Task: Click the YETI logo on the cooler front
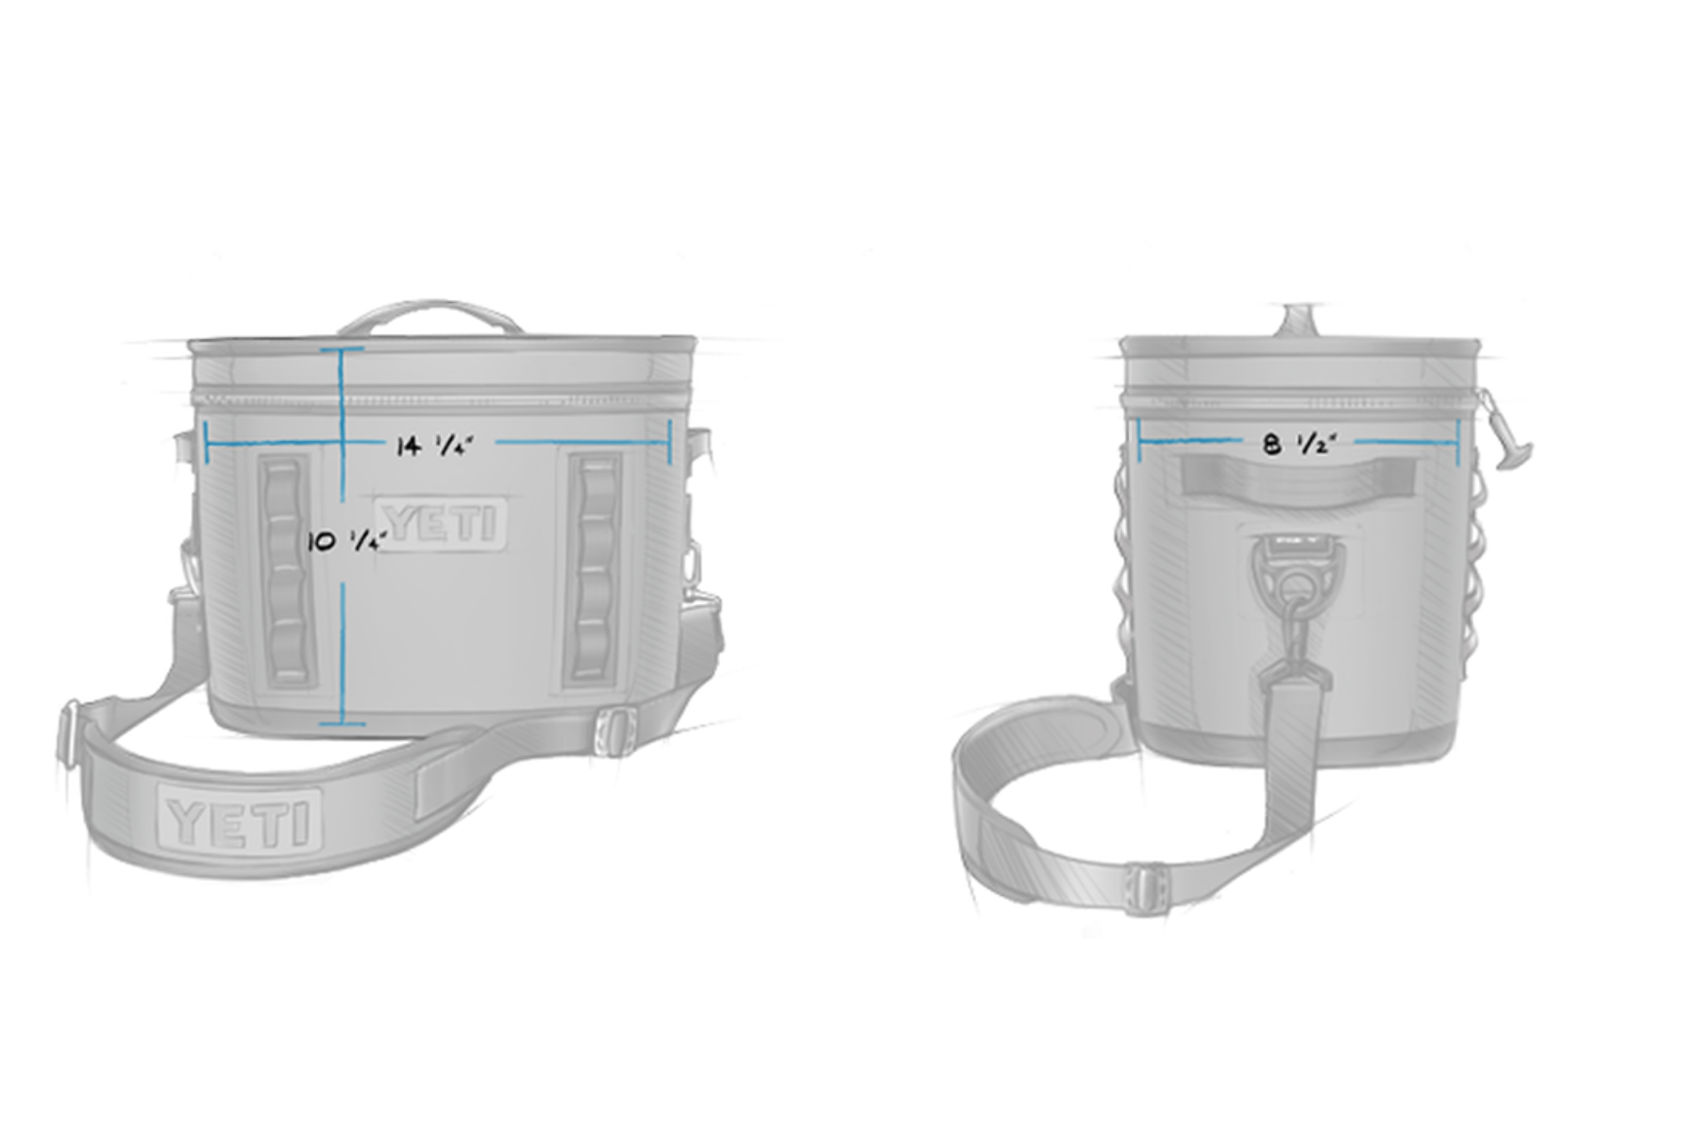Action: click(x=441, y=522)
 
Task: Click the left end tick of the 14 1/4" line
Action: click(x=206, y=441)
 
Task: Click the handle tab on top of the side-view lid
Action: click(x=1299, y=318)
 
